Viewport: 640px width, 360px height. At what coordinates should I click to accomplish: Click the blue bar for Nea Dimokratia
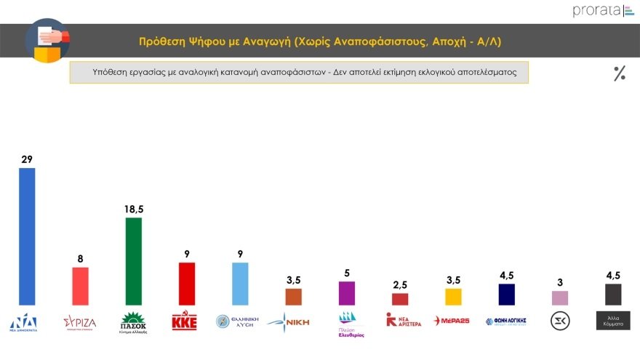click(27, 236)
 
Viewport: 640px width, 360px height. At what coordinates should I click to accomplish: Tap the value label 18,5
click(133, 209)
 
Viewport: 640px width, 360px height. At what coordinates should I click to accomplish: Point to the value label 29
click(27, 158)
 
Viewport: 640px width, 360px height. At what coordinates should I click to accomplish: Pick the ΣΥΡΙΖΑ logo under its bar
click(80, 321)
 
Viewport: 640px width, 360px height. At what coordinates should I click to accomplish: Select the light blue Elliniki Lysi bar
click(239, 283)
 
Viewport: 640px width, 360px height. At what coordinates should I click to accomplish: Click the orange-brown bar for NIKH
click(293, 296)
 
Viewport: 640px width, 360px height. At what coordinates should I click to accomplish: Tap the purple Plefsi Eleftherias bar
click(347, 292)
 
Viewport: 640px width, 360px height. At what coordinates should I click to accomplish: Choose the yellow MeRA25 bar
click(453, 296)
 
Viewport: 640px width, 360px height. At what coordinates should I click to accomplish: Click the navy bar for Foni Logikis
click(506, 294)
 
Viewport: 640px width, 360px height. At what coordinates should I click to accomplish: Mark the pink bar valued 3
click(560, 297)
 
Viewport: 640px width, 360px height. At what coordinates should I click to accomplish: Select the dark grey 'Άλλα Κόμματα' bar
click(613, 294)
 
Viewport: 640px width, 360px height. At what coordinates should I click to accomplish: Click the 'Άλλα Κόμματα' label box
click(613, 321)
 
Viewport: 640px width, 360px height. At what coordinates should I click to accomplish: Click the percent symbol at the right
click(620, 73)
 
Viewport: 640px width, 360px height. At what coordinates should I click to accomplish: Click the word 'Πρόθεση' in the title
click(162, 42)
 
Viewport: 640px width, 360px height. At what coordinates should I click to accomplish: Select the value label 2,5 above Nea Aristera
click(400, 284)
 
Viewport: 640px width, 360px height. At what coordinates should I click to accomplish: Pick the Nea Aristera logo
click(400, 320)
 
